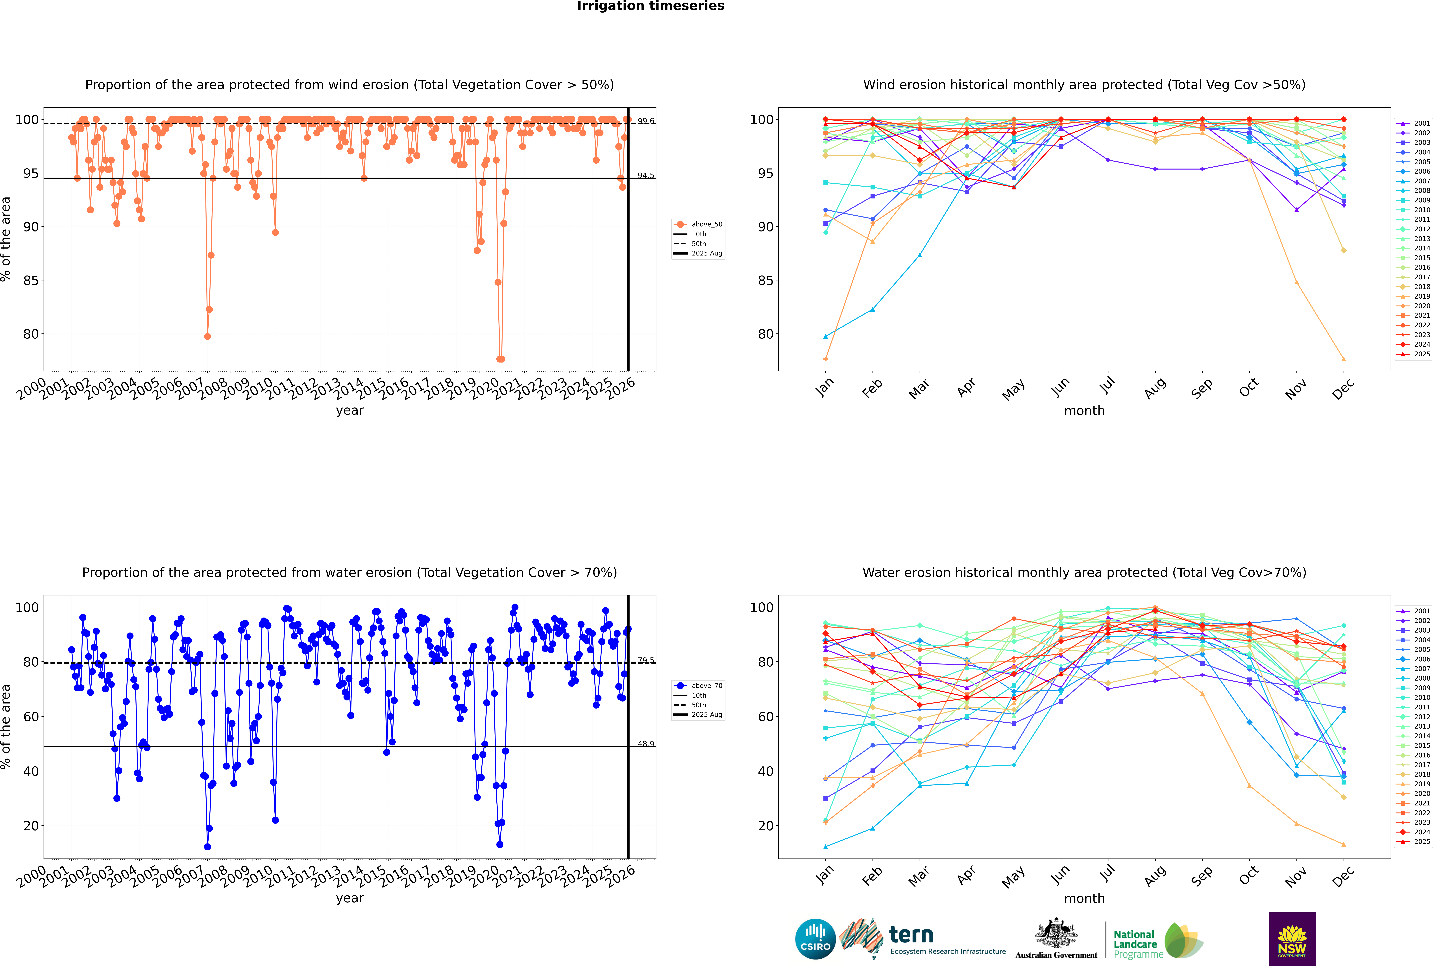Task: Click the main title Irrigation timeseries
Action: (x=651, y=6)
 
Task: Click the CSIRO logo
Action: (x=815, y=939)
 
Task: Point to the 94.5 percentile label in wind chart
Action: (x=646, y=176)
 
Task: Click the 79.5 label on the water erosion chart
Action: (x=646, y=660)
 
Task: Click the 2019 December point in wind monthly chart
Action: (x=1344, y=359)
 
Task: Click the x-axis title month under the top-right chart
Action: (x=1084, y=411)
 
